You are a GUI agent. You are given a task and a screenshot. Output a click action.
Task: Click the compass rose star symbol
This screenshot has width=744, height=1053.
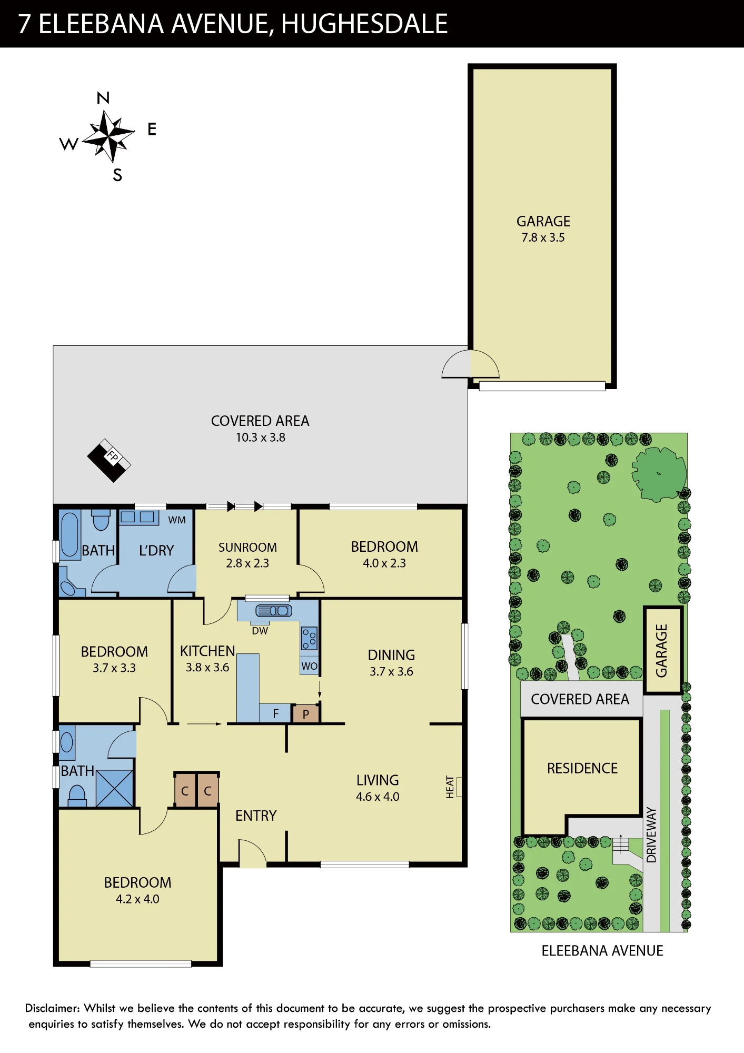click(108, 136)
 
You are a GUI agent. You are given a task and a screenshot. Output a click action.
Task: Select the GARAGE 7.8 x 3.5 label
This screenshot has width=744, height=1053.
click(543, 229)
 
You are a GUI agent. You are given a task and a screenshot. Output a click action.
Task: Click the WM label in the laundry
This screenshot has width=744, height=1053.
click(177, 520)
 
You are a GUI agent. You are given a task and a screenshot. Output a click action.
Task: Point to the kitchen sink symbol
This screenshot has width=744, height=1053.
click(274, 611)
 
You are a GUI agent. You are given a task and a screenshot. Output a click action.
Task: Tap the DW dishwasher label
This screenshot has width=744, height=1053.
click(260, 631)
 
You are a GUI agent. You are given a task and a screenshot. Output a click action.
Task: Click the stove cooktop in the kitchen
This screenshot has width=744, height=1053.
click(309, 638)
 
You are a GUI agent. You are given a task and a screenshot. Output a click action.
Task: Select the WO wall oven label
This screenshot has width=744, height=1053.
click(309, 666)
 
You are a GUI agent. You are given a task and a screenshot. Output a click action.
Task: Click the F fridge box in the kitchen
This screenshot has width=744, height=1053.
click(275, 713)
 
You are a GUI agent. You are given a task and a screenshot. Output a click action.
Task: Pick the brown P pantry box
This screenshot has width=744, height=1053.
click(306, 714)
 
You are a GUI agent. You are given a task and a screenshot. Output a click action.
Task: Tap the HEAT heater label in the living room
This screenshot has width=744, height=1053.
click(450, 787)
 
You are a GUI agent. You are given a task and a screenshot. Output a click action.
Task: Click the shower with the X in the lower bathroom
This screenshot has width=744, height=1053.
click(115, 788)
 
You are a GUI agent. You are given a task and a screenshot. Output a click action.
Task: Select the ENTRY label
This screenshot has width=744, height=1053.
click(256, 816)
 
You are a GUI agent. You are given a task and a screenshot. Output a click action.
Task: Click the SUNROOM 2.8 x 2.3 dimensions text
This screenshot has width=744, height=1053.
click(247, 563)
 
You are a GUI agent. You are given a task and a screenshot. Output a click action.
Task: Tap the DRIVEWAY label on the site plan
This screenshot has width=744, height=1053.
click(651, 835)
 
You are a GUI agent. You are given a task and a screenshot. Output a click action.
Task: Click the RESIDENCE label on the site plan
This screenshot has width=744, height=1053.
click(582, 768)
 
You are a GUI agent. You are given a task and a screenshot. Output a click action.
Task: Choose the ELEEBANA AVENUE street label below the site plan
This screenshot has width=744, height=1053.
click(602, 951)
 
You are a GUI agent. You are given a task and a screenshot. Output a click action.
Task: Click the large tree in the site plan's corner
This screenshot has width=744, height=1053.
click(659, 474)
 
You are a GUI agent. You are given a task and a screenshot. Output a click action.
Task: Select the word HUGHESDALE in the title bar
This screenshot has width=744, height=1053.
click(364, 24)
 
